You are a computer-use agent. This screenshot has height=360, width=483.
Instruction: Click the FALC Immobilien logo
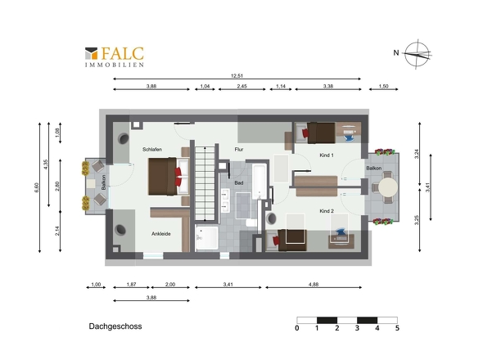(x=115, y=56)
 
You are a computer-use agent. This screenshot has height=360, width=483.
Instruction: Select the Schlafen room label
(x=152, y=150)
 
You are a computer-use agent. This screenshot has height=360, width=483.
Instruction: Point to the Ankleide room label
(x=160, y=234)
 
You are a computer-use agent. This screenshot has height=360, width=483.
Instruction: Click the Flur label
(x=239, y=150)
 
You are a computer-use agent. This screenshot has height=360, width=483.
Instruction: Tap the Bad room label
(x=239, y=183)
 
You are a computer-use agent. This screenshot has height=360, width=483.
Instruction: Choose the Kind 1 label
(x=327, y=155)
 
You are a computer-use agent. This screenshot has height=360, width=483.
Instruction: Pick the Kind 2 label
(x=327, y=211)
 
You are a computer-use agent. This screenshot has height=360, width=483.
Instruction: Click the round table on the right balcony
(x=388, y=187)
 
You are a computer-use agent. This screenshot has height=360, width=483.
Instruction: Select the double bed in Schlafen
(x=169, y=177)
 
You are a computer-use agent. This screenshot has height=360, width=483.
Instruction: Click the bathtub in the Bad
(x=260, y=182)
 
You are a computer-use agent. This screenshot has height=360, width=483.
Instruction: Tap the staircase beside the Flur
(x=205, y=183)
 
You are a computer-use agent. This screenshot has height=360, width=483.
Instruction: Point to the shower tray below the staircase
(x=207, y=238)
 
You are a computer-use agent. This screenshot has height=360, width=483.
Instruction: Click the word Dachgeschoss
(x=115, y=326)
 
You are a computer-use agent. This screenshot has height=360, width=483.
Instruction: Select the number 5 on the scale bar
(x=397, y=328)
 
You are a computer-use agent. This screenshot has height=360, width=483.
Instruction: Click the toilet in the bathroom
(x=251, y=223)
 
